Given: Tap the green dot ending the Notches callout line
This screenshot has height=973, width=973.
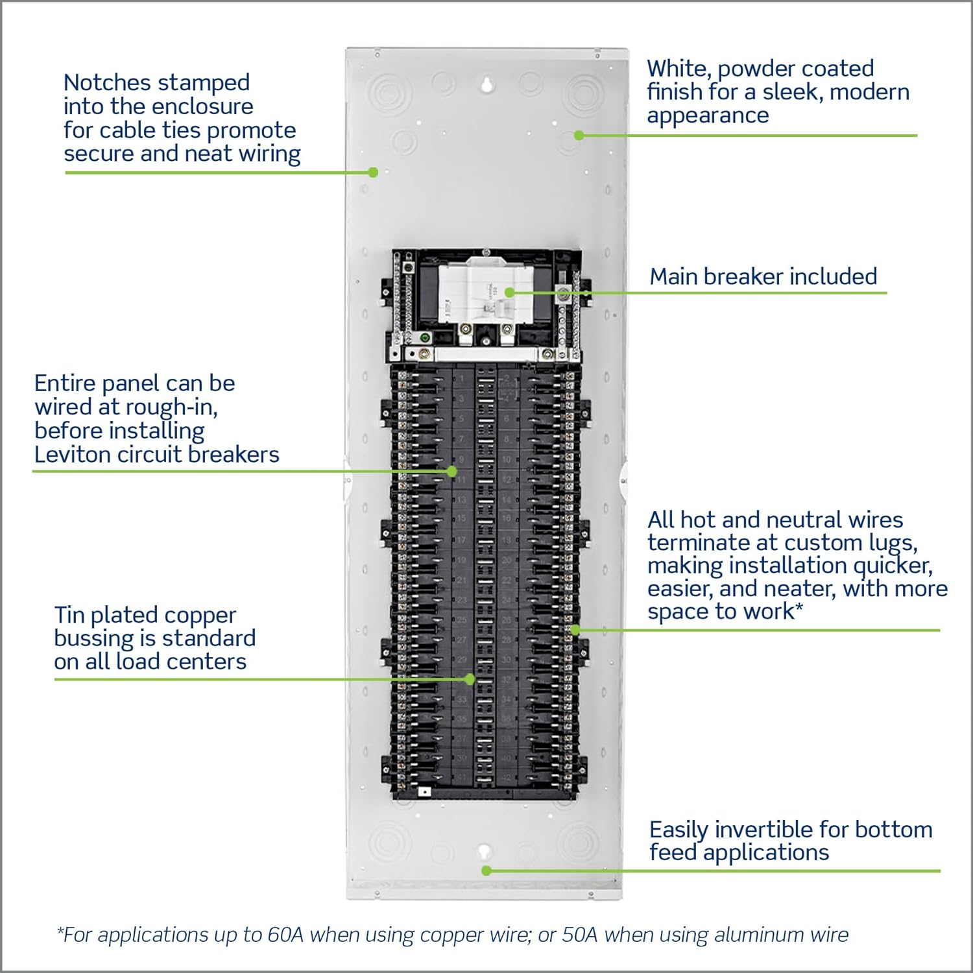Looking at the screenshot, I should [373, 172].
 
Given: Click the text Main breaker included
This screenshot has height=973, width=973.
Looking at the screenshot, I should [763, 276].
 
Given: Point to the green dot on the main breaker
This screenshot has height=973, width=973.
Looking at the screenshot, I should [509, 293].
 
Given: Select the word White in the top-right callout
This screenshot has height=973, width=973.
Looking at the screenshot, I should [679, 69].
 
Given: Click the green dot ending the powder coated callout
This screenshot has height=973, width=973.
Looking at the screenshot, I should [579, 135].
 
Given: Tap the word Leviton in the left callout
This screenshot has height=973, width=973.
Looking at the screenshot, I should [73, 455].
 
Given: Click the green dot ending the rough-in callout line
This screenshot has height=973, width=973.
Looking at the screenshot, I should [452, 472].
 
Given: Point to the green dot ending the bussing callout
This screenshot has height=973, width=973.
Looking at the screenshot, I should [470, 679].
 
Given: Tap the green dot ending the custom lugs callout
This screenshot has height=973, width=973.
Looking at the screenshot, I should [575, 629].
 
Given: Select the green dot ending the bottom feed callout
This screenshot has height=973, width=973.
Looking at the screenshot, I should [486, 871].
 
